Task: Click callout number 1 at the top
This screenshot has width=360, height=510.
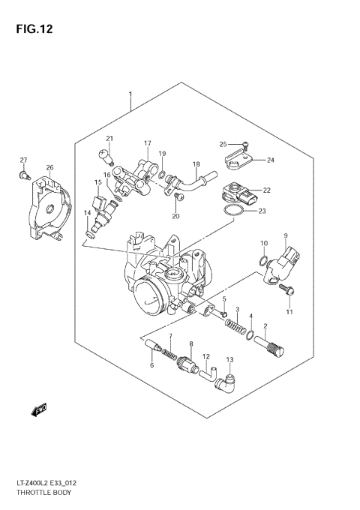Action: [x=130, y=94]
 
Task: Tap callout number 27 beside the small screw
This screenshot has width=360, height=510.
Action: [x=23, y=160]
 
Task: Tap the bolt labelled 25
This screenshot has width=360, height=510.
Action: [x=247, y=145]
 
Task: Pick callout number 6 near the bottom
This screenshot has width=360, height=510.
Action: [x=151, y=365]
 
